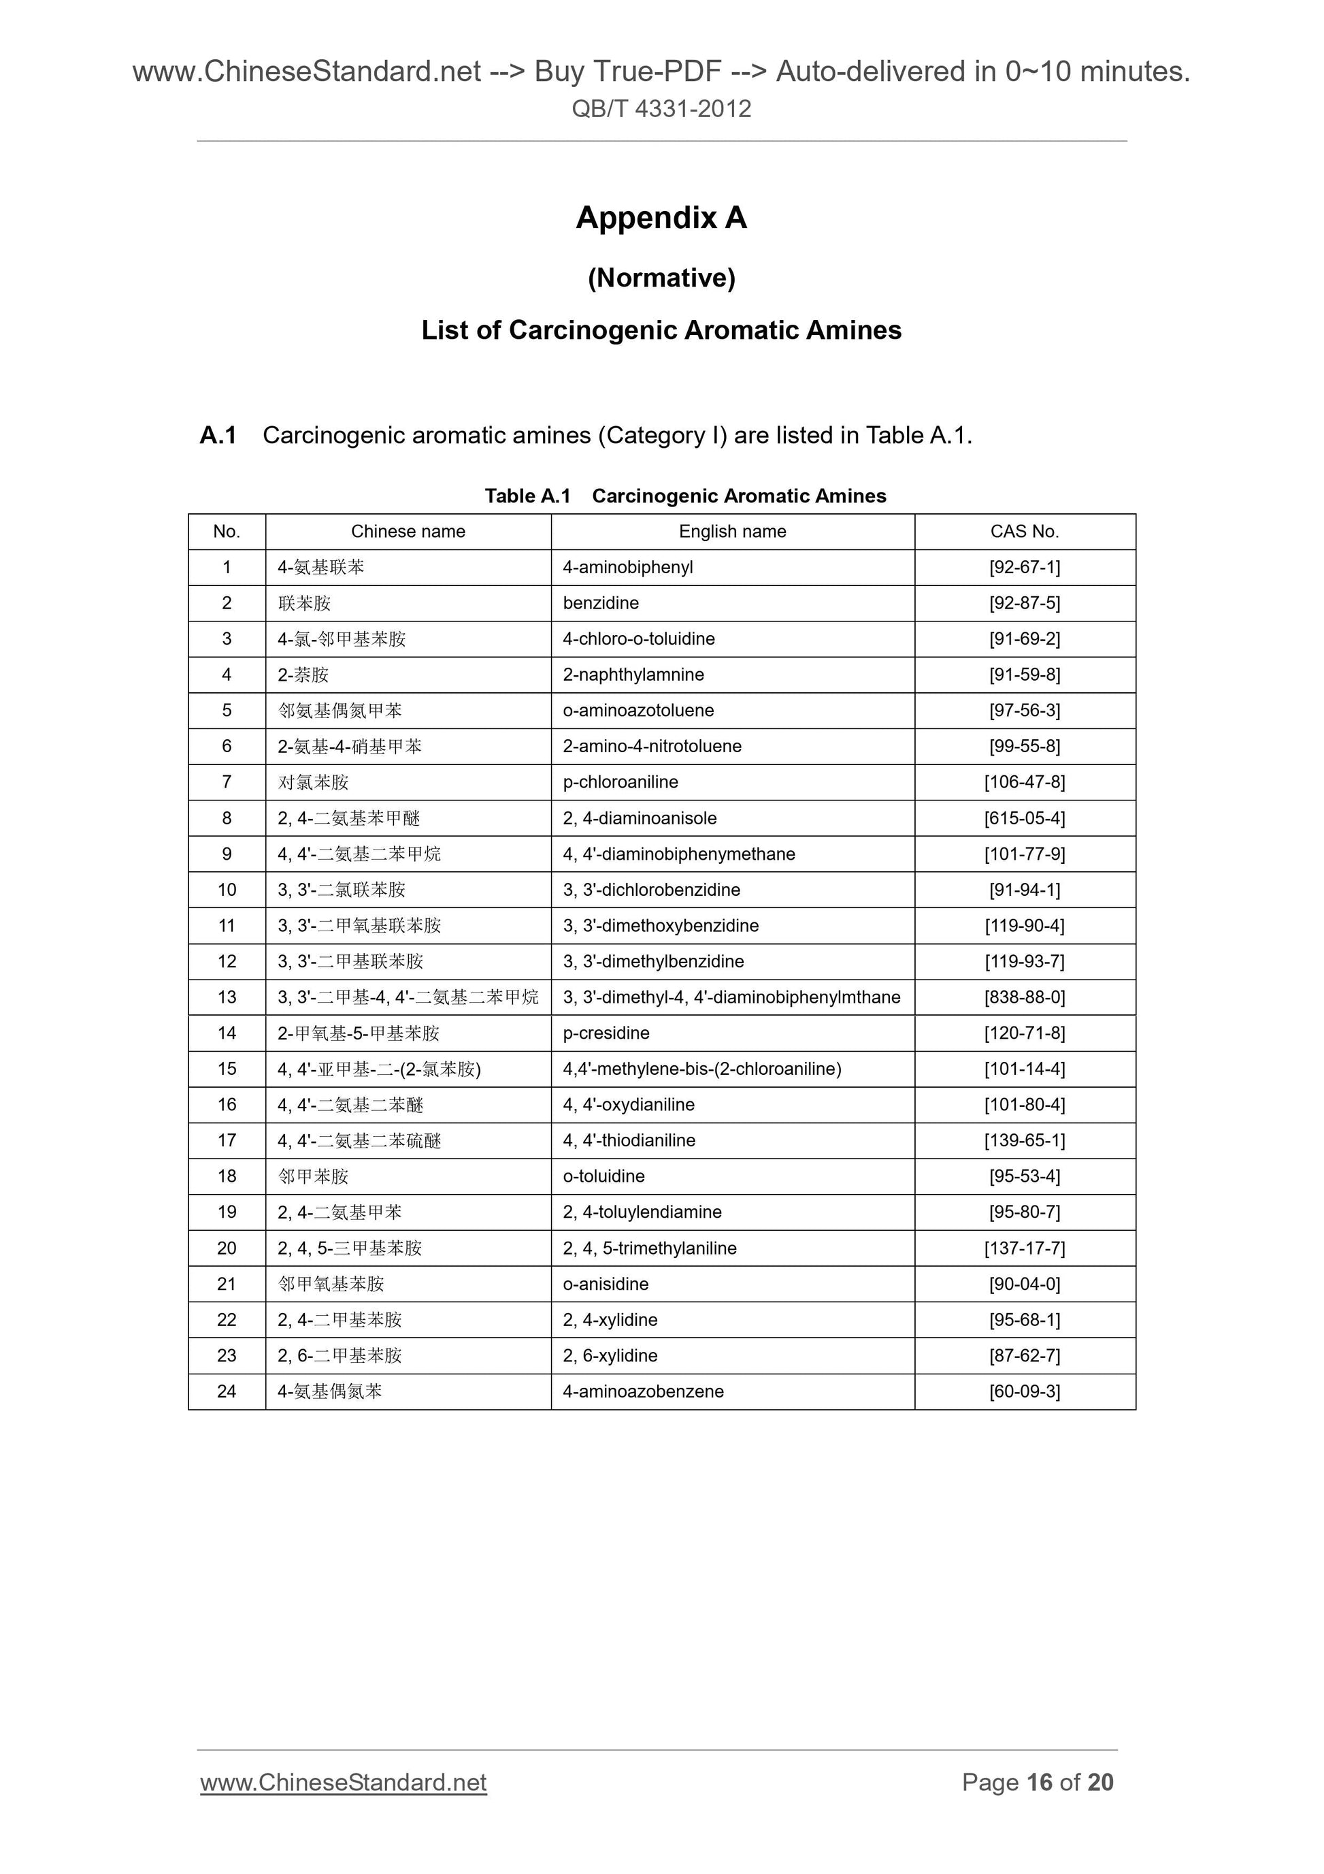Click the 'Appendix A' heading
(661, 218)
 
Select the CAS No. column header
(1024, 532)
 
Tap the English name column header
(732, 532)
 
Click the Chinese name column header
(408, 532)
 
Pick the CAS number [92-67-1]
(1024, 567)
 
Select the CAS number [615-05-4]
(1024, 818)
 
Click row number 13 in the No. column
(227, 997)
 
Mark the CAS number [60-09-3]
(1024, 1391)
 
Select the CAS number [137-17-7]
(1024, 1248)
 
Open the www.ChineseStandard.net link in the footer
(344, 1782)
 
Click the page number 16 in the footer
(1040, 1782)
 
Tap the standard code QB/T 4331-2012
(661, 108)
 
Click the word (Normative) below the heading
(661, 278)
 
